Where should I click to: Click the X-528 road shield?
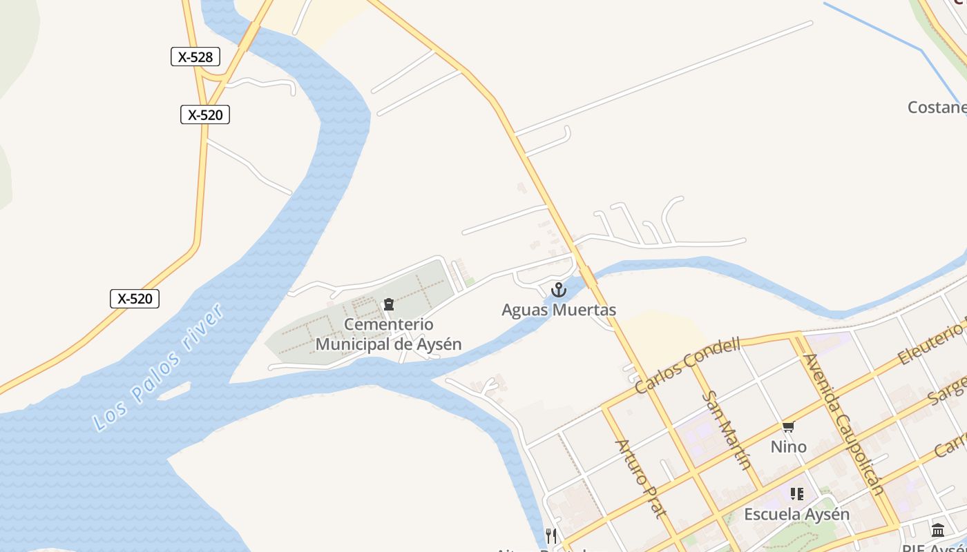tap(195, 57)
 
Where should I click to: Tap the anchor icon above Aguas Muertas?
tap(558, 290)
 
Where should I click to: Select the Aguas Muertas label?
tap(558, 310)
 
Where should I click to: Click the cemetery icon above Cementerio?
tap(388, 304)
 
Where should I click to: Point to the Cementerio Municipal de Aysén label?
tap(388, 334)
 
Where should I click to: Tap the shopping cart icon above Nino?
tap(788, 428)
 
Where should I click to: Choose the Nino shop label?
tap(788, 447)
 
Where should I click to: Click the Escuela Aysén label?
tap(796, 514)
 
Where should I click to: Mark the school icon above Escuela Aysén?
tap(797, 494)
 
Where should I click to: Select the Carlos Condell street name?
tap(687, 365)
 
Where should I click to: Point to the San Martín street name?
tap(727, 429)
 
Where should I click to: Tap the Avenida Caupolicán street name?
tap(844, 424)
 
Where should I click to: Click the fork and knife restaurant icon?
tap(550, 535)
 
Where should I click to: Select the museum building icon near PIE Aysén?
tap(938, 530)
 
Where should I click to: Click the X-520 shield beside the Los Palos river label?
tap(135, 299)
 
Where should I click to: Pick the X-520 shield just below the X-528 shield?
tap(205, 115)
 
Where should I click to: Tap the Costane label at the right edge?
tap(937, 107)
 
